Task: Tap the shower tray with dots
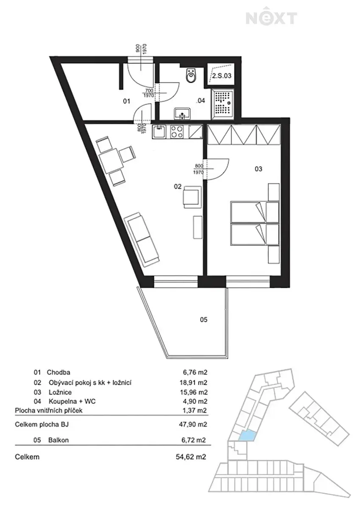[x=222, y=104]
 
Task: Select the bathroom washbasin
[x=182, y=114]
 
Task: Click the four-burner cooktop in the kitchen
[x=177, y=132]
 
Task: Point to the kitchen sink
[x=159, y=132]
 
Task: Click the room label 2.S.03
[x=222, y=76]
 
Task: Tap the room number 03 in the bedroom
[x=259, y=169]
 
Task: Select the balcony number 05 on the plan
[x=204, y=320]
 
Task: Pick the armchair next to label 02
[x=193, y=197]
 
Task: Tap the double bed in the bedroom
[x=255, y=224]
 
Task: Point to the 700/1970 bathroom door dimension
[x=148, y=93]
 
